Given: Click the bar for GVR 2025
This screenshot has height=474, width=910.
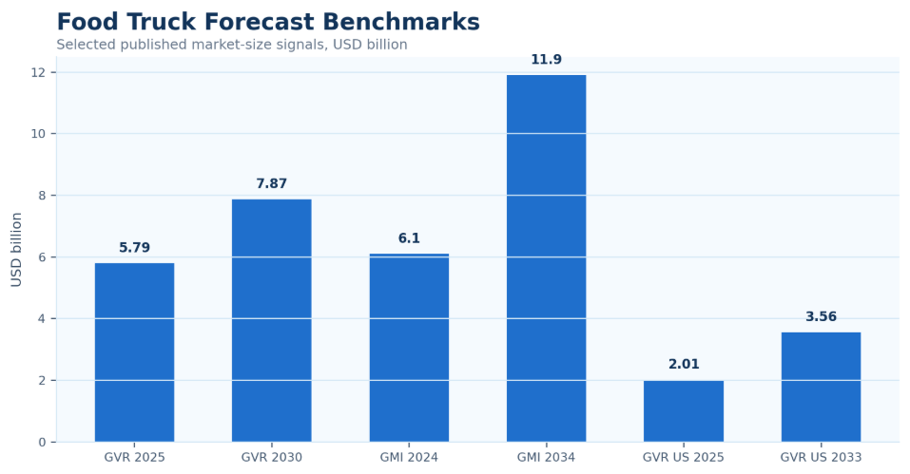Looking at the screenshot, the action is pyautogui.click(x=134, y=352).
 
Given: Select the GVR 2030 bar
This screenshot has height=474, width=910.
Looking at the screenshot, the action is pyautogui.click(x=272, y=320).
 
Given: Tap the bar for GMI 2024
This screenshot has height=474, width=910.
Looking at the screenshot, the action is pyautogui.click(x=409, y=348).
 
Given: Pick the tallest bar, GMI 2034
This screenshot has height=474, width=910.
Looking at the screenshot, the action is pyautogui.click(x=546, y=258).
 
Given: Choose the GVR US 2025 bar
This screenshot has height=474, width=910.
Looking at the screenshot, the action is pyautogui.click(x=684, y=411).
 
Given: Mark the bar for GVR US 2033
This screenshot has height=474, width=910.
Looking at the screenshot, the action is pyautogui.click(x=822, y=387).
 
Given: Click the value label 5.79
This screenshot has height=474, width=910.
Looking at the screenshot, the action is pyautogui.click(x=134, y=247).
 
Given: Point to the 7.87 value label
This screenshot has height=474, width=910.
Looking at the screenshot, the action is pyautogui.click(x=272, y=183).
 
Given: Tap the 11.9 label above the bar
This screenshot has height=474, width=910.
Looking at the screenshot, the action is pyautogui.click(x=546, y=59).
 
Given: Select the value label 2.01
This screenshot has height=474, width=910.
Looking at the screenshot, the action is pyautogui.click(x=684, y=364).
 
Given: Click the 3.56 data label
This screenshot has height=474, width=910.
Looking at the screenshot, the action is pyautogui.click(x=822, y=316).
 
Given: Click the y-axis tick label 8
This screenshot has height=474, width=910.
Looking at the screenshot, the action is pyautogui.click(x=43, y=196).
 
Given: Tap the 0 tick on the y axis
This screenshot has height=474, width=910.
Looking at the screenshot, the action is pyautogui.click(x=43, y=442).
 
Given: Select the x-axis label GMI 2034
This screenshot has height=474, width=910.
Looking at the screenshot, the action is pyautogui.click(x=546, y=457).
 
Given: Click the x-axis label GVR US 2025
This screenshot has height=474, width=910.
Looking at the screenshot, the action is pyautogui.click(x=684, y=457).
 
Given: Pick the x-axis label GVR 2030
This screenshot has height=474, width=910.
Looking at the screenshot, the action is pyautogui.click(x=272, y=457).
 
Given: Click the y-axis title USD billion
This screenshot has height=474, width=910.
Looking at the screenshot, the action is pyautogui.click(x=16, y=250).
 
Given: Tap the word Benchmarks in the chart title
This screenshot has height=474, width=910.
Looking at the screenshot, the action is pyautogui.click(x=401, y=22).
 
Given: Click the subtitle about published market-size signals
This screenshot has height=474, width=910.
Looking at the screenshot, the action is pyautogui.click(x=232, y=45).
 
